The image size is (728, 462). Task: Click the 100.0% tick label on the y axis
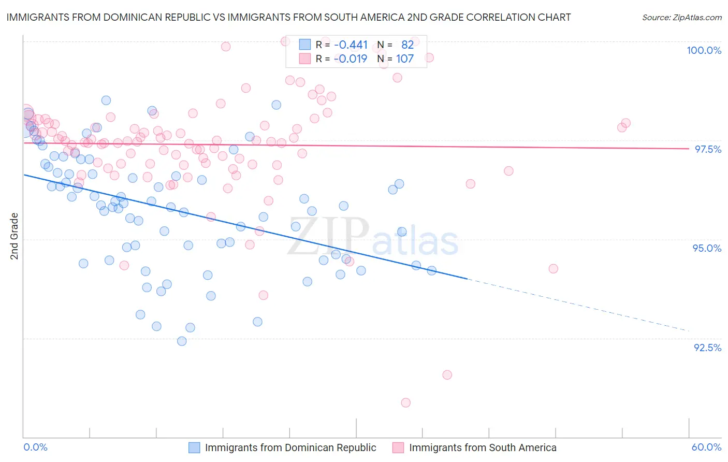tap(704, 50)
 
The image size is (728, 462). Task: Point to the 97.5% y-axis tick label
tap(708, 149)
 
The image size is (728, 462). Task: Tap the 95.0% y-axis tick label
tap(707, 248)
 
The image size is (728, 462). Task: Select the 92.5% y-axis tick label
tap(707, 348)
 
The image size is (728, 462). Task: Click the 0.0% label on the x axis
tap(35, 447)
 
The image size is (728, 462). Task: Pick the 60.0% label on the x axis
tap(706, 447)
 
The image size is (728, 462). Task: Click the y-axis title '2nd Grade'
tap(14, 236)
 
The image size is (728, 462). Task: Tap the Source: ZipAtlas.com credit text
tap(681, 17)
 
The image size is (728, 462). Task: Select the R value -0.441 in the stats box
tap(351, 45)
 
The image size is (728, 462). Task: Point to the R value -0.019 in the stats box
tap(351, 59)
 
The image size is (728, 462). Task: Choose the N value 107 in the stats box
tap(405, 59)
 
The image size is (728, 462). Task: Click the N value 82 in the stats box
tap(407, 45)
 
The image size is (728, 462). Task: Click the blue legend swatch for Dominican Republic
tap(194, 447)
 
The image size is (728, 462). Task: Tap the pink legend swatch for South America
tap(398, 447)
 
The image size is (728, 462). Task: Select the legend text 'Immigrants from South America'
tap(483, 447)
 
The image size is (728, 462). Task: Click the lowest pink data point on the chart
tap(406, 402)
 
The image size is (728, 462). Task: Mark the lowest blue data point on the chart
tap(182, 341)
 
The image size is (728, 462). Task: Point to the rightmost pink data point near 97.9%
tap(625, 123)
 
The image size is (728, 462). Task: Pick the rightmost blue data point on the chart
tap(431, 270)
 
